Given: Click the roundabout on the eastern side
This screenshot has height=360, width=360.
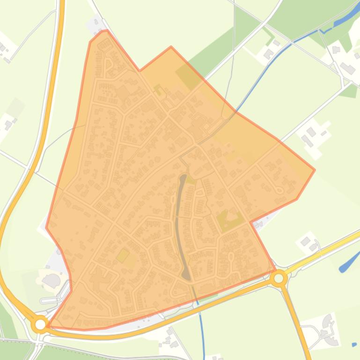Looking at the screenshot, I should (279, 278).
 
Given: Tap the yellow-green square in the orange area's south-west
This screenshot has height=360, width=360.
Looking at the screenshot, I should (123, 255).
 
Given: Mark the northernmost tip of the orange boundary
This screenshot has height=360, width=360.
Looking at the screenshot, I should (106, 31).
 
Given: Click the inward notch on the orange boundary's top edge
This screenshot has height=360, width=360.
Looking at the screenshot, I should (140, 71).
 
